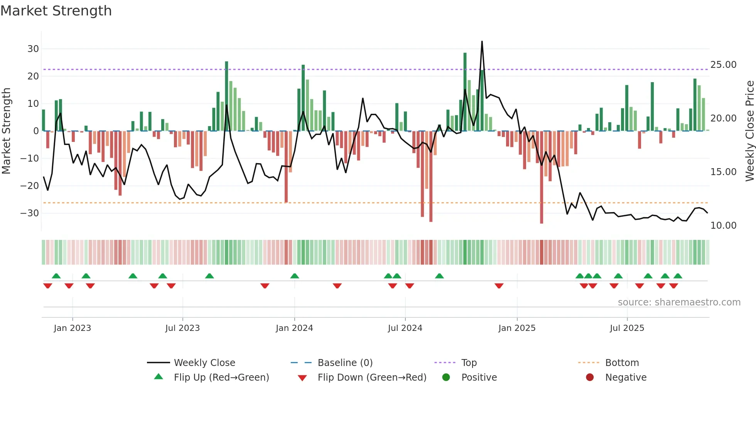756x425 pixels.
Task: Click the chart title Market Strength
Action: click(x=56, y=11)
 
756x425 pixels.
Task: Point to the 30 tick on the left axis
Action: click(x=33, y=49)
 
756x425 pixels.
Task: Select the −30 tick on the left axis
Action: click(x=30, y=213)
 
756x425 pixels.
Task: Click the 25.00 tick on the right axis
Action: click(x=723, y=65)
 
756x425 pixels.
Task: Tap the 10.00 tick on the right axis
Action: click(x=723, y=226)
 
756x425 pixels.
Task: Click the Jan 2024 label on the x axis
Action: click(x=294, y=328)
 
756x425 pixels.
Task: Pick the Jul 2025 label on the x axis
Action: click(x=627, y=328)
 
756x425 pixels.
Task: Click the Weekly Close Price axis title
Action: click(x=749, y=131)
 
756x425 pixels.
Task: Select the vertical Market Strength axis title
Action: click(x=7, y=131)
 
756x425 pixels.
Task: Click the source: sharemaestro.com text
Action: click(x=679, y=302)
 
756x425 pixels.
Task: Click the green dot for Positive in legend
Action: click(x=446, y=378)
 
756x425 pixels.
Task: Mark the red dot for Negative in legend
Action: click(x=590, y=378)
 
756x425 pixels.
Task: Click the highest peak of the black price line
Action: click(x=482, y=42)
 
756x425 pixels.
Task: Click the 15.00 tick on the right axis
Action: click(x=723, y=172)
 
